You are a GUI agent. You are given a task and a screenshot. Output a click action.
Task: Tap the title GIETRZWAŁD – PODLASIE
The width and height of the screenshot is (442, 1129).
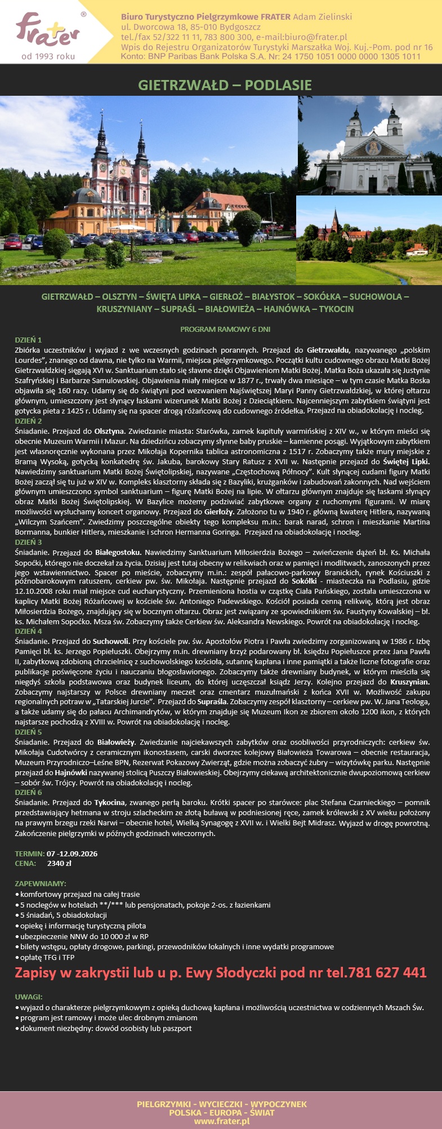pos(225,85)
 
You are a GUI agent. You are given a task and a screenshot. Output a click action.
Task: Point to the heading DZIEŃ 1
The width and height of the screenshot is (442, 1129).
pos(28,340)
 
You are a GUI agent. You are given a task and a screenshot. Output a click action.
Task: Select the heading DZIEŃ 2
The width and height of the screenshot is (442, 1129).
pos(28,421)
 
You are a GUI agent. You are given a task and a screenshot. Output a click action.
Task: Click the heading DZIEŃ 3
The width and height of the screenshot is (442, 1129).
pos(28,542)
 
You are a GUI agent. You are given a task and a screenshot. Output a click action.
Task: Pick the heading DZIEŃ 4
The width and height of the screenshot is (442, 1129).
pos(28,632)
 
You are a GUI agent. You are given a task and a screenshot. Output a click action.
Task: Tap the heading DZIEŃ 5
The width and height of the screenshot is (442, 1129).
pos(28,732)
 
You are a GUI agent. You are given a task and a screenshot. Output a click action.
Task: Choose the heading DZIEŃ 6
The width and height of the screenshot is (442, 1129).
pos(28,792)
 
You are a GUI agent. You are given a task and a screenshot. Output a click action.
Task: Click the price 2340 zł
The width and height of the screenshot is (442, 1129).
pos(59,863)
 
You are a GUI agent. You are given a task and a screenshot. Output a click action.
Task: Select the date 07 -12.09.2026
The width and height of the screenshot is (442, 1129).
pos(72,853)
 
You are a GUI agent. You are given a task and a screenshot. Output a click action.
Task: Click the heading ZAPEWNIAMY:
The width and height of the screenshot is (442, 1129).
pos(41,883)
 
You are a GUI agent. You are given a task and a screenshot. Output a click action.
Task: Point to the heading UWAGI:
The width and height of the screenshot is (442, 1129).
pos(29,997)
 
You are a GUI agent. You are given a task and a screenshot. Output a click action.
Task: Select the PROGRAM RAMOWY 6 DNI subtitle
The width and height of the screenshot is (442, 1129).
pos(225,329)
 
